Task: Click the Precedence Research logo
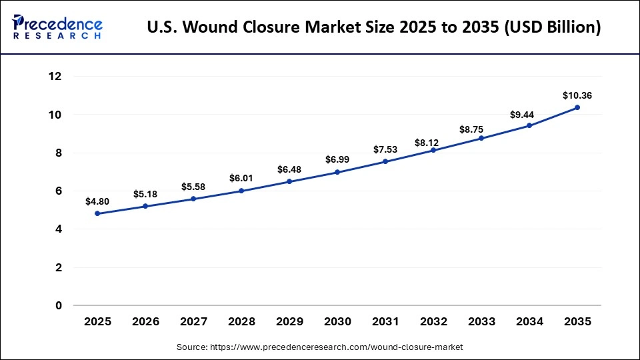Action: click(x=57, y=27)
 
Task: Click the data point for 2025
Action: click(x=97, y=213)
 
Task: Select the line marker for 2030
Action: click(x=337, y=172)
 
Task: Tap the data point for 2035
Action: click(x=577, y=107)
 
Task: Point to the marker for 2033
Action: click(x=481, y=138)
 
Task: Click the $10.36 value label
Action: click(x=577, y=95)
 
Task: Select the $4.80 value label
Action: click(x=97, y=201)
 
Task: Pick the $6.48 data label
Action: click(x=289, y=169)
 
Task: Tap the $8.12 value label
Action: click(x=433, y=142)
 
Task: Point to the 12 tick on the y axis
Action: click(x=55, y=77)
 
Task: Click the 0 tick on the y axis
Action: click(x=59, y=305)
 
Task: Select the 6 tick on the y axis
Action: click(x=59, y=191)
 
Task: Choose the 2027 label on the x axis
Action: click(x=193, y=321)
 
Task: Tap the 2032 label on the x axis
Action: click(x=433, y=321)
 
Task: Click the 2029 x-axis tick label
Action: click(x=289, y=321)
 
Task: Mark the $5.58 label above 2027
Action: click(x=193, y=187)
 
